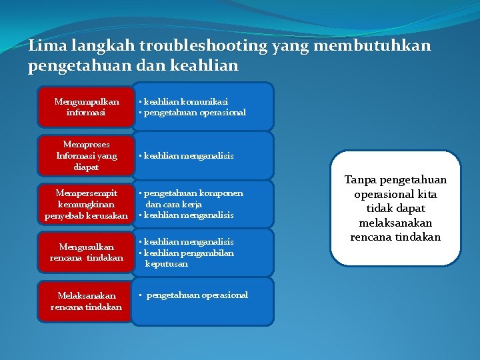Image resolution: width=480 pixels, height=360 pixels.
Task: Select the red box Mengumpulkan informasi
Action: coord(86,107)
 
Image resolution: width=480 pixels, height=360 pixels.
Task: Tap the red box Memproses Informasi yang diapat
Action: coord(86,155)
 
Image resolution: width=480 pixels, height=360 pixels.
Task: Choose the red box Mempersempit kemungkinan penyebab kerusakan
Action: coord(86,204)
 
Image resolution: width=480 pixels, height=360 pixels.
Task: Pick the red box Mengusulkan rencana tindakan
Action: coord(86,252)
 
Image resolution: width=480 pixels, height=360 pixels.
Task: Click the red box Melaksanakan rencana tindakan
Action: coord(86,301)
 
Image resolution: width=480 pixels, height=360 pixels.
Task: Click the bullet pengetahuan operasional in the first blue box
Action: coord(194,113)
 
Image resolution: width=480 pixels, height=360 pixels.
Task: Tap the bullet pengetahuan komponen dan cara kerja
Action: coord(193,198)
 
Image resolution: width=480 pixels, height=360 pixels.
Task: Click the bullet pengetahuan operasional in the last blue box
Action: coord(196,295)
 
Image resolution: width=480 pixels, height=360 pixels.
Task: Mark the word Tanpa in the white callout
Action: coord(360,180)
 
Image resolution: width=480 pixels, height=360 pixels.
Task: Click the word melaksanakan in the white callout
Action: coord(395,223)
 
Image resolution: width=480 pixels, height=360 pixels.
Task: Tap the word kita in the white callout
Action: coord(427,194)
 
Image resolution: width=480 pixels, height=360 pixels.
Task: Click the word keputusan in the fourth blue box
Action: coord(166,263)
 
